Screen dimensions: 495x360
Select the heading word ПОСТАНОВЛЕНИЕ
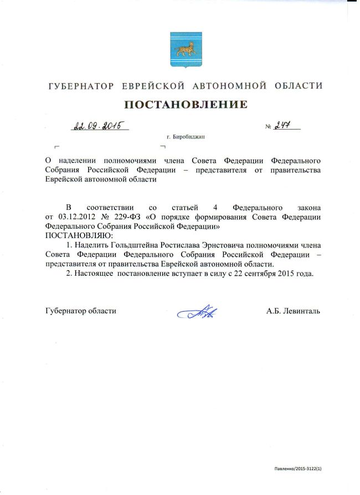184,104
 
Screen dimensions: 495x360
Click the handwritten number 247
286,125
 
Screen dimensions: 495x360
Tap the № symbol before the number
269,127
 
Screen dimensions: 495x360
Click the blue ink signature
197,312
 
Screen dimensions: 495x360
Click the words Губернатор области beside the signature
80,311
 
